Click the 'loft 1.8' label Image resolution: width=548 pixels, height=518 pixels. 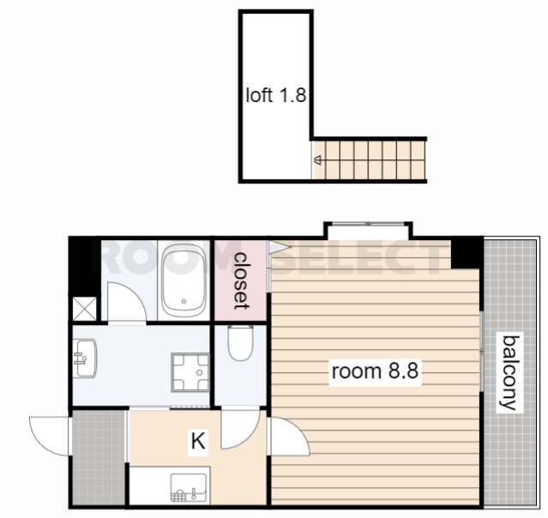pos(276,95)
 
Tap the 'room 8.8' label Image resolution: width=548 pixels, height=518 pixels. pos(375,370)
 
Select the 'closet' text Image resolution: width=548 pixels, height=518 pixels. pos(242,280)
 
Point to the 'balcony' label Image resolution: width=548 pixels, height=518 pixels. pos(510,372)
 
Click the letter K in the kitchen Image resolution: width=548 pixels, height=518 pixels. pos(198,441)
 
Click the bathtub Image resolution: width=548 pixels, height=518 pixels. pos(184,280)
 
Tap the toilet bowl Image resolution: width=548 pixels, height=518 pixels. pos(240,343)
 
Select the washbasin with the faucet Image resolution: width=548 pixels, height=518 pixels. pos(85,358)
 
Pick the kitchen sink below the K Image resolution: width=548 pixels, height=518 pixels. pos(189,488)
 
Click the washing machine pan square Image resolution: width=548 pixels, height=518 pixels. pos(190,372)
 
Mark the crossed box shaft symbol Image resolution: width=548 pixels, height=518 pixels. pos(84,309)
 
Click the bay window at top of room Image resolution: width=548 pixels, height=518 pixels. pos(369,231)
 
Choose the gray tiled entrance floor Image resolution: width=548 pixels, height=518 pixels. pos(99,457)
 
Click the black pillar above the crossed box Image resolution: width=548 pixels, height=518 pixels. pos(84,267)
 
